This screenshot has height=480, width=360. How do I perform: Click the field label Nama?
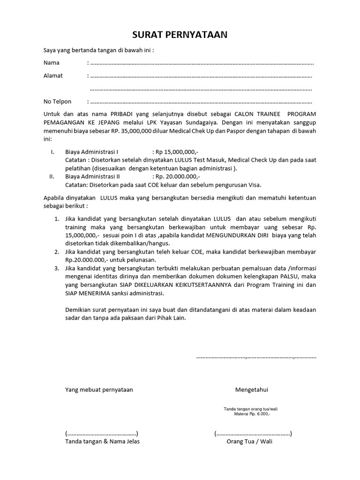tap(52, 63)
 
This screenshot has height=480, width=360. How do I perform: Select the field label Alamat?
tap(53, 75)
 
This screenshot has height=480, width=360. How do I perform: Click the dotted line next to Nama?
tap(202, 63)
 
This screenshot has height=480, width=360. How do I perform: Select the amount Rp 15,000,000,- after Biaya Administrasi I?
tap(177, 152)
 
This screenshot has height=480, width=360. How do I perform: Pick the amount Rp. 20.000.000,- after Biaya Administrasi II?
tap(178, 177)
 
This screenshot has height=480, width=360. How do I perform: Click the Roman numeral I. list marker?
tap(53, 152)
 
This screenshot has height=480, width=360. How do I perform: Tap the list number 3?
tap(56, 268)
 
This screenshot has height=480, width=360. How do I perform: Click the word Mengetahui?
tap(252, 390)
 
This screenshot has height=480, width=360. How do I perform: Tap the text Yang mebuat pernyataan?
tap(99, 390)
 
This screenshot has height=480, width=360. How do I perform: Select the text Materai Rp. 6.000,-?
tap(253, 414)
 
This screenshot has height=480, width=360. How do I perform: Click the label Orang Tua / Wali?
tap(249, 441)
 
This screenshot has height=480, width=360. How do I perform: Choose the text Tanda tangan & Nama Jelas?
tap(102, 441)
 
